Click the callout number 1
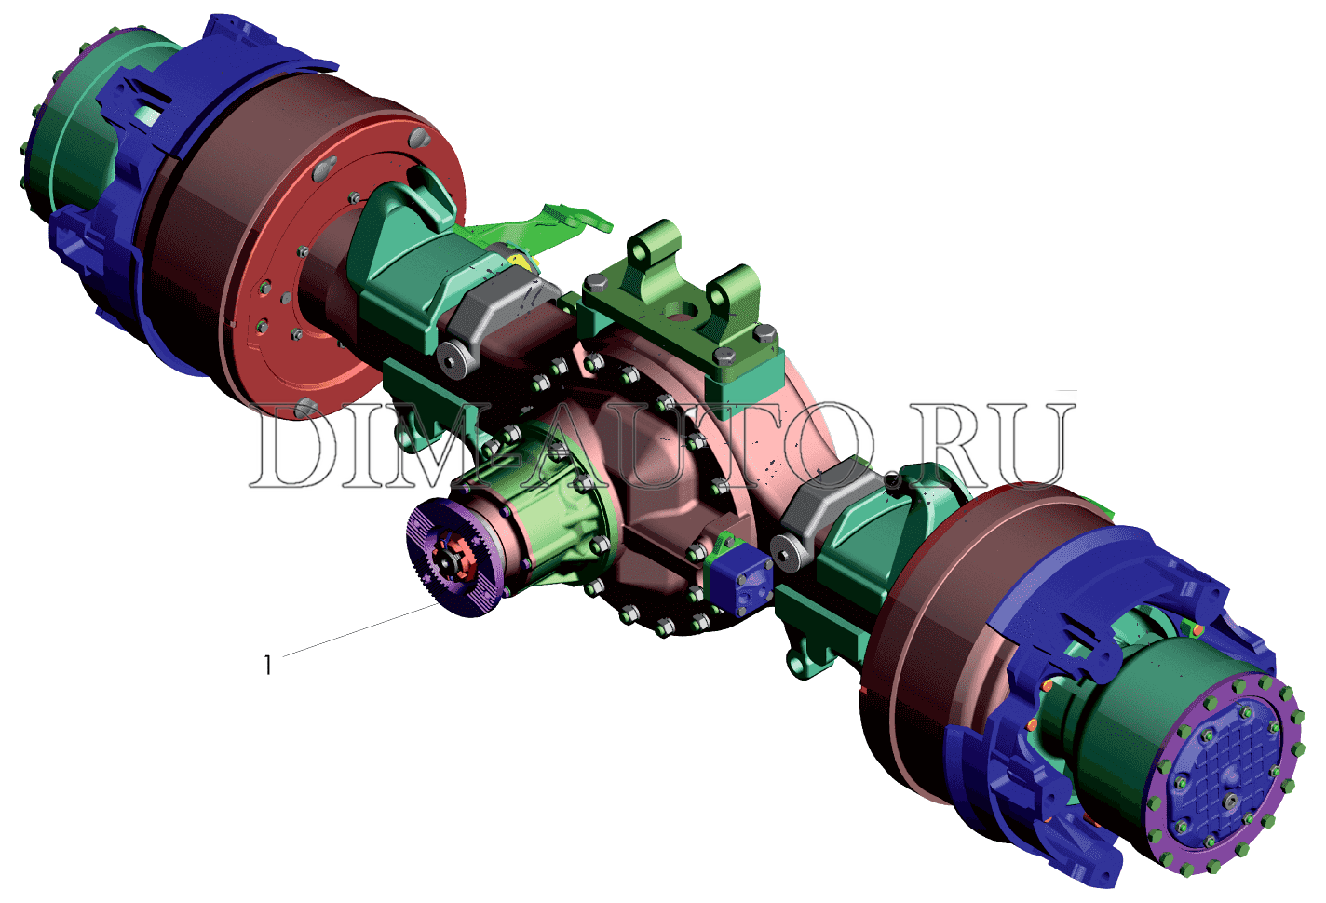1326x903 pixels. [268, 665]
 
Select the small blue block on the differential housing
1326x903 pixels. [740, 585]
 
